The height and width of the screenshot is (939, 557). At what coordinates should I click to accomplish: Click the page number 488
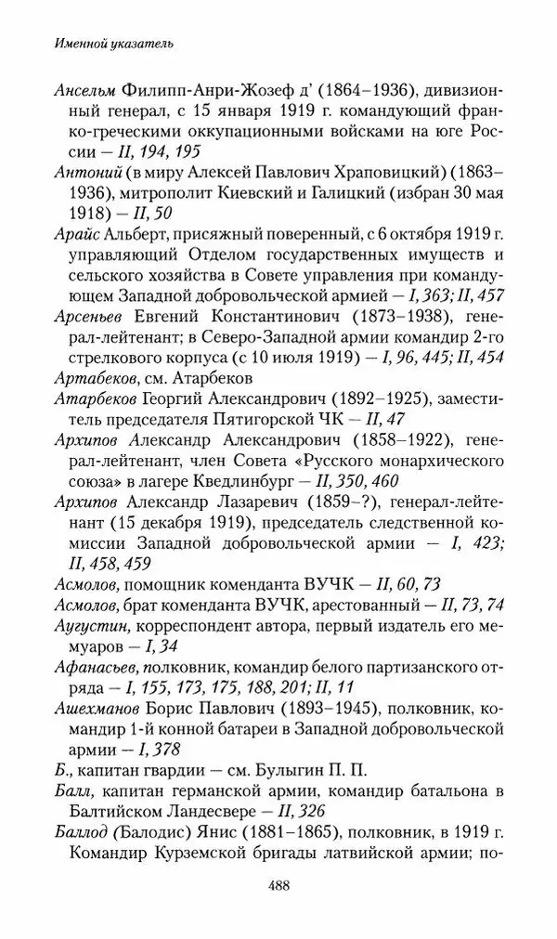[x=278, y=885]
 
